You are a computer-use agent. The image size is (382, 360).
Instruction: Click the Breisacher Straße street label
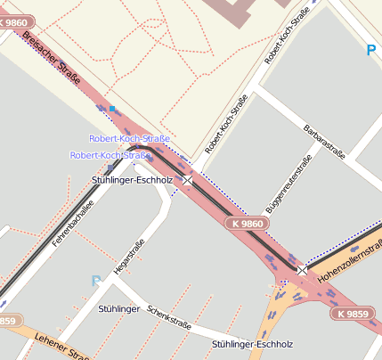[x=53, y=59]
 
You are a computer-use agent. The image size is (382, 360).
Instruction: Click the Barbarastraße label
[x=327, y=142]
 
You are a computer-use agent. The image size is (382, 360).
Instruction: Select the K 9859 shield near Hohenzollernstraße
[x=354, y=315]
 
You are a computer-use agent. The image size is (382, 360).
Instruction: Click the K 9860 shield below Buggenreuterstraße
[x=246, y=224]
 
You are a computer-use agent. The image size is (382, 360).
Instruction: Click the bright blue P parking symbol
[x=370, y=51]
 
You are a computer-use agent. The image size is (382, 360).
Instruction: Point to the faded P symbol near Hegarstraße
[x=96, y=282]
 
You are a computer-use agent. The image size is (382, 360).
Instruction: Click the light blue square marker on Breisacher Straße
[x=112, y=109]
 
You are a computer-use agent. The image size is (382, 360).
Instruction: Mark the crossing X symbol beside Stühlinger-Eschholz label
[x=188, y=180]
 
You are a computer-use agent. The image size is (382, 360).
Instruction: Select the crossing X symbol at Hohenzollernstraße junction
[x=302, y=269]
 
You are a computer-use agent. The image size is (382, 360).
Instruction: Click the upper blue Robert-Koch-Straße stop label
[x=129, y=138]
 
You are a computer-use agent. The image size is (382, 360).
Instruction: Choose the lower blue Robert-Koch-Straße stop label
[x=110, y=155]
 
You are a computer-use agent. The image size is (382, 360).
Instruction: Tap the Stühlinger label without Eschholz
[x=119, y=308]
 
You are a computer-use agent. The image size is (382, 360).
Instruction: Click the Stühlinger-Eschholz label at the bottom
[x=252, y=343]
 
